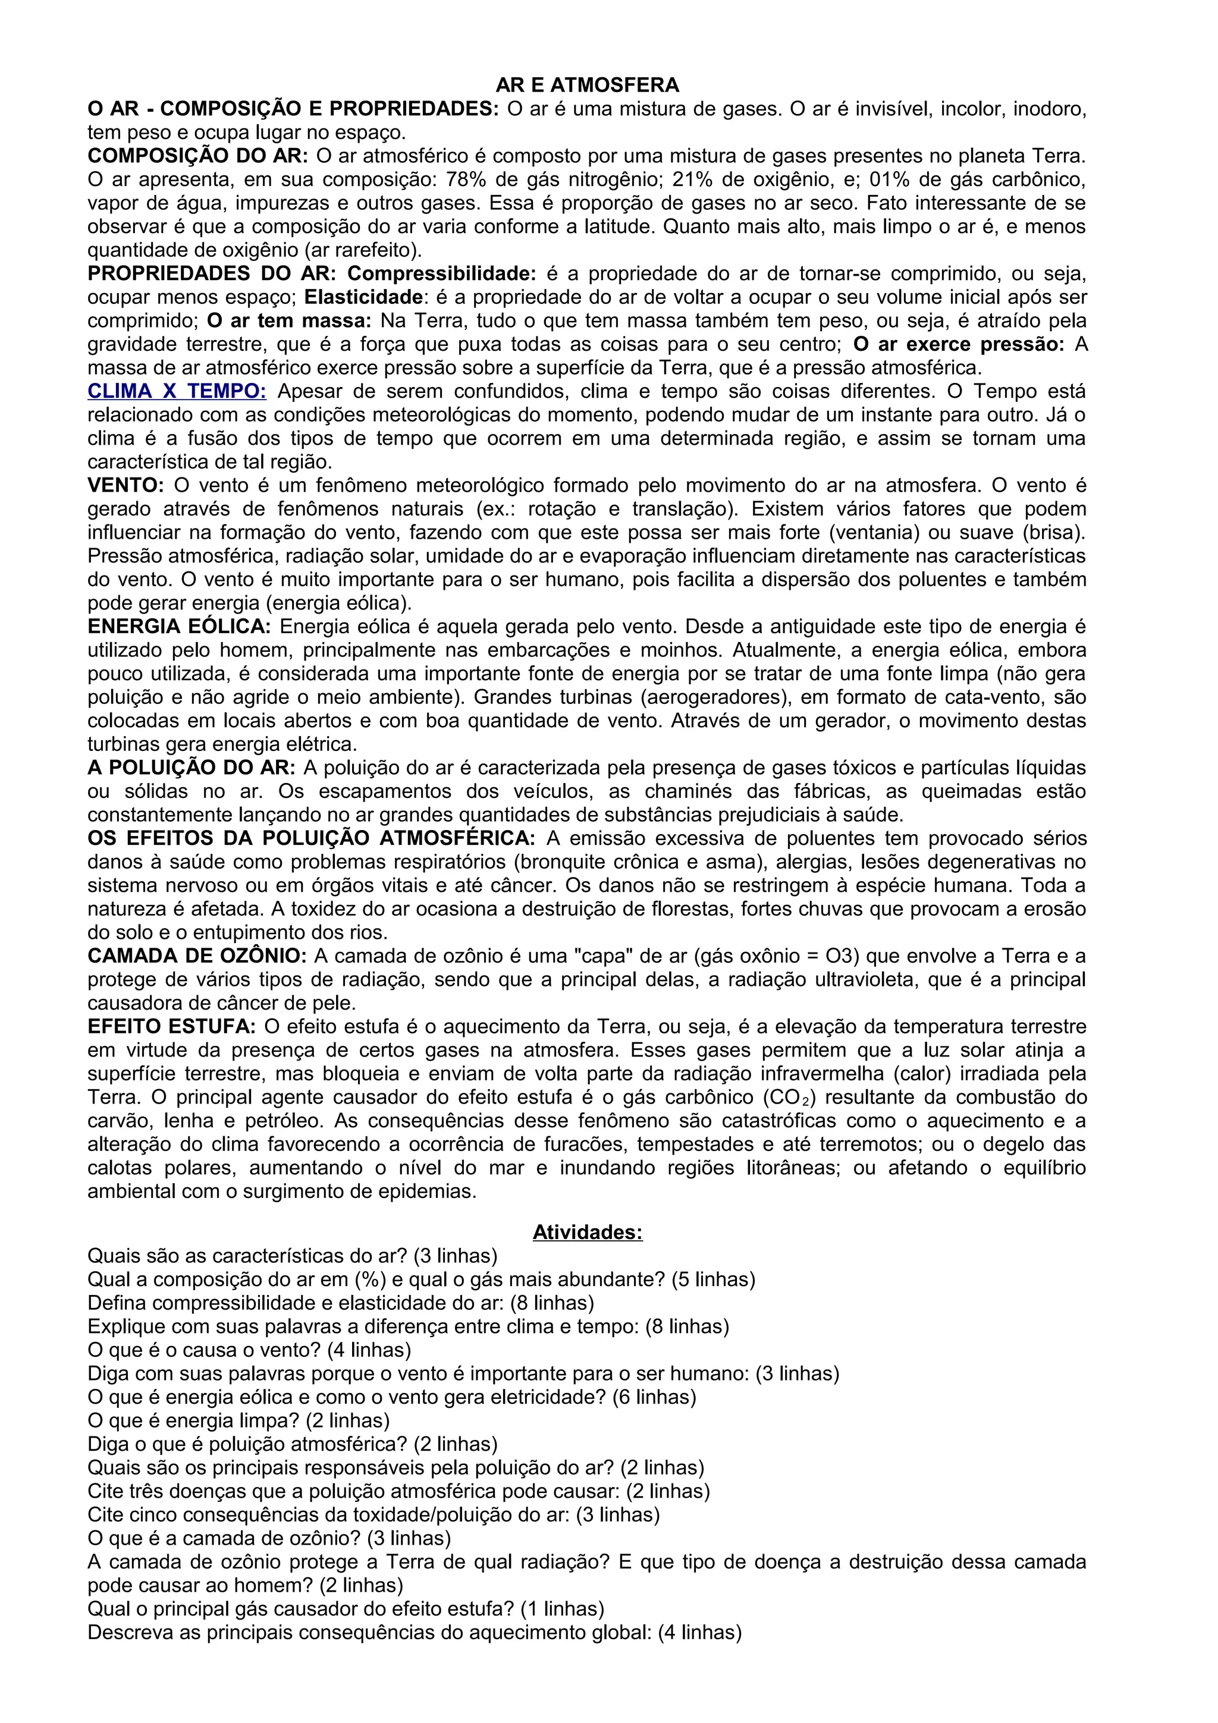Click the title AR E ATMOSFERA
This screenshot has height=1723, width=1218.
(x=588, y=85)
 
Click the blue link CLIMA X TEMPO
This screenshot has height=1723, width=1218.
(x=177, y=391)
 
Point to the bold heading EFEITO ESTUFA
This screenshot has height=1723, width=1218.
(x=172, y=1026)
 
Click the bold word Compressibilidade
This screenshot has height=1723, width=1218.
(x=442, y=273)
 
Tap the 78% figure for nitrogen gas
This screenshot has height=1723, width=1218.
(x=463, y=180)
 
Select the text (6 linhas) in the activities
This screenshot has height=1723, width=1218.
(x=654, y=1397)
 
